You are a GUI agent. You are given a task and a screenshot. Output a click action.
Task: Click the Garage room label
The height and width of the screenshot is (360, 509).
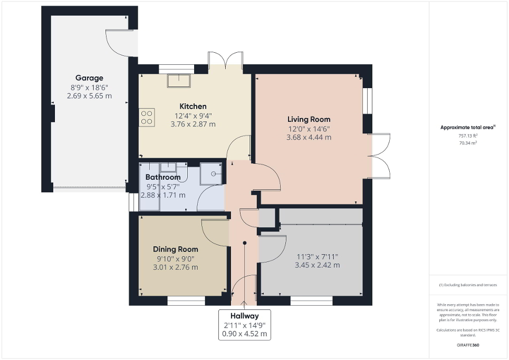[x=89, y=77]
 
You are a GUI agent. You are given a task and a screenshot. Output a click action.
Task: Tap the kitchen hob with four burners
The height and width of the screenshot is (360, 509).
[x=147, y=116]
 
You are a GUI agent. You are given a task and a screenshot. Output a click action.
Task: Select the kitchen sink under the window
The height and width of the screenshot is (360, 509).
[x=179, y=80]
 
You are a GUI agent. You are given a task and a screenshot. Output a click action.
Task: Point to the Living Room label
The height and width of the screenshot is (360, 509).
[x=309, y=119]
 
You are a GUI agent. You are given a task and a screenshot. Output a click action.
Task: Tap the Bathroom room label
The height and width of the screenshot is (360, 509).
[x=163, y=177]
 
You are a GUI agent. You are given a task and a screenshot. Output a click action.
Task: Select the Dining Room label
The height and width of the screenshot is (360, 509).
[x=176, y=249]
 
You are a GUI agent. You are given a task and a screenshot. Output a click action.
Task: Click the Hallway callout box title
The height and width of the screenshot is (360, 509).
[x=244, y=316]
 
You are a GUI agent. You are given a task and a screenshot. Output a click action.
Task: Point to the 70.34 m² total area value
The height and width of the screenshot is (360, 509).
[x=468, y=142]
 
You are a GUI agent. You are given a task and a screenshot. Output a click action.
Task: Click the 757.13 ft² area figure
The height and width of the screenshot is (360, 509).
[x=468, y=135]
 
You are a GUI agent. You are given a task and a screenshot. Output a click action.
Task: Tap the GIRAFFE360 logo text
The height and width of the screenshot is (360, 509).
[x=468, y=345]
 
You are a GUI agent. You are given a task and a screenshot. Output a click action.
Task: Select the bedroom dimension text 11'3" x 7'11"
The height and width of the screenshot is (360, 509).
[x=317, y=257]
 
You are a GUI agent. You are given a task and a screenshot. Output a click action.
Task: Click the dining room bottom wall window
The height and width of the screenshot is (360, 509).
[x=186, y=301]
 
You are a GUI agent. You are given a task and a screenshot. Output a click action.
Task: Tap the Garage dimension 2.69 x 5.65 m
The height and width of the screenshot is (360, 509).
[x=89, y=96]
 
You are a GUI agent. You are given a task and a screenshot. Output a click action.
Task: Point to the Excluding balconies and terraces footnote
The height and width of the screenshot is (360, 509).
[x=468, y=285]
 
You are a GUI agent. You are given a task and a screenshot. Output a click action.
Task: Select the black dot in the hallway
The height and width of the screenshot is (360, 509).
[x=245, y=243]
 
